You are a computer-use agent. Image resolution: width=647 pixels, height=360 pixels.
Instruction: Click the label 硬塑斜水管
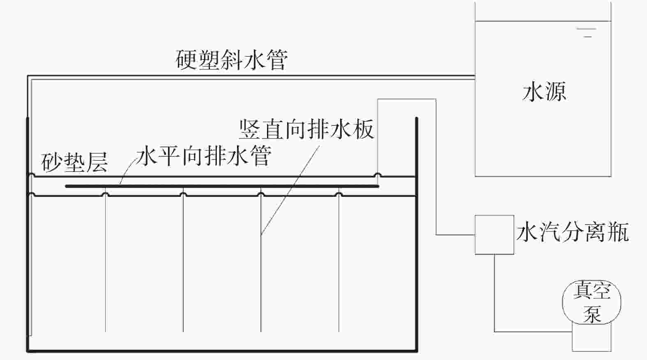tap(231, 60)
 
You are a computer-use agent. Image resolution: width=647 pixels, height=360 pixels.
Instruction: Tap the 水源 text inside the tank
tap(544, 91)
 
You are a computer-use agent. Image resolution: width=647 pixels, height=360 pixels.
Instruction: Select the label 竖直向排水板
tap(306, 129)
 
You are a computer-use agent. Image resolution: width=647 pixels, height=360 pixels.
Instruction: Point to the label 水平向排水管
tap(204, 156)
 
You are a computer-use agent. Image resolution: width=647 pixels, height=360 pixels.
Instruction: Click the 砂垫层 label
tap(74, 162)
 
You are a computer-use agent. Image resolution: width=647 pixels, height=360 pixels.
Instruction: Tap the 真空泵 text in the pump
tap(592, 302)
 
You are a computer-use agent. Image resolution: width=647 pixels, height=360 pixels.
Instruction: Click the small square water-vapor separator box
tap(494, 235)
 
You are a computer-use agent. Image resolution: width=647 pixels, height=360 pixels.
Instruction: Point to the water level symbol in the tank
tap(586, 32)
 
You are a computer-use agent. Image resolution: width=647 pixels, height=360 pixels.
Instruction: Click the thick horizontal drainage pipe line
tap(222, 186)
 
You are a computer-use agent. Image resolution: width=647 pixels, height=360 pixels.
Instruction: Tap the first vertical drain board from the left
tap(106, 263)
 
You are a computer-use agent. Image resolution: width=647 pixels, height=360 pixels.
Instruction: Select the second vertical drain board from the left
tap(183, 263)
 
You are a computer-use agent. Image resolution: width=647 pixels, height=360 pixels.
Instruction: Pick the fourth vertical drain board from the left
tap(339, 263)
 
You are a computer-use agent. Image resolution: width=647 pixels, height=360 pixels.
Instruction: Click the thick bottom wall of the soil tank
tap(222, 351)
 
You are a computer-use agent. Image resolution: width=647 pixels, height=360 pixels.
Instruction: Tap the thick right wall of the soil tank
tap(417, 234)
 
